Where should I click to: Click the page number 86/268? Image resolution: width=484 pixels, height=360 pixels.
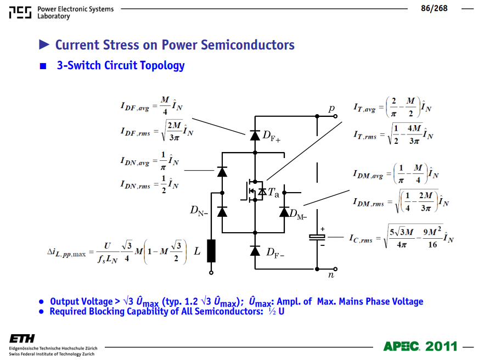tap(434, 8)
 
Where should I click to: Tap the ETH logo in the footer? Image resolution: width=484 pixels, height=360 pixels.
tap(22, 339)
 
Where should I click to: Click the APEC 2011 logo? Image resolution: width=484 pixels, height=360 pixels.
tap(420, 346)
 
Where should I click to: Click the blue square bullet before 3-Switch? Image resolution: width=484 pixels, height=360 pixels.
tap(43, 66)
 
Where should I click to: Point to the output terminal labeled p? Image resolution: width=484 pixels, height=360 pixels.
tap(335, 116)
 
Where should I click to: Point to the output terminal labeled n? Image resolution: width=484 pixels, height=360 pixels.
tap(335, 269)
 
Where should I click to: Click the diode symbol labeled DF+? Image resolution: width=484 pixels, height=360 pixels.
tap(255, 135)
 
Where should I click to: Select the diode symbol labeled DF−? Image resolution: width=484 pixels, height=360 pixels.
tap(255, 251)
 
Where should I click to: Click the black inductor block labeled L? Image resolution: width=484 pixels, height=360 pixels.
tap(211, 251)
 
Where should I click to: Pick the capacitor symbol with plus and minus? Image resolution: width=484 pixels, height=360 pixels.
tap(317, 237)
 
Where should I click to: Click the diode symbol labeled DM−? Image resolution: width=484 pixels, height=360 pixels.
tap(284, 212)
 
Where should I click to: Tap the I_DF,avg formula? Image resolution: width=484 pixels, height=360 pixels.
tap(151, 105)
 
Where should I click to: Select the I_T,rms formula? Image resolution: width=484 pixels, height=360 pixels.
tap(393, 134)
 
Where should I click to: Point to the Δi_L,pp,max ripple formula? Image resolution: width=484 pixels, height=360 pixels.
tap(117, 252)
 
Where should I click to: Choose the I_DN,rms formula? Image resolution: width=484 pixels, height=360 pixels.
tap(149, 184)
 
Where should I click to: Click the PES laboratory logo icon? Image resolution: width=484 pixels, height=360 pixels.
tap(20, 13)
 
